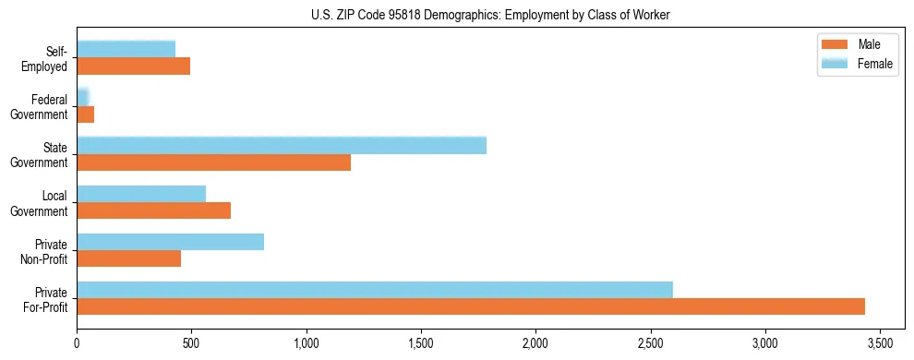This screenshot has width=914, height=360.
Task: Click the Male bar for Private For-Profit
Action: click(x=471, y=306)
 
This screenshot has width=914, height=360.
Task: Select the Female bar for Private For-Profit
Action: click(x=375, y=290)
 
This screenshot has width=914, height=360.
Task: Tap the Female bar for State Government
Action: click(x=282, y=146)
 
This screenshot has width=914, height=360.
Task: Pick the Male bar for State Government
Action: click(x=213, y=162)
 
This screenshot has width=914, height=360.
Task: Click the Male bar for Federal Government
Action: click(x=86, y=114)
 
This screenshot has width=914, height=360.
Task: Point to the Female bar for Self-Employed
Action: click(x=126, y=49)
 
